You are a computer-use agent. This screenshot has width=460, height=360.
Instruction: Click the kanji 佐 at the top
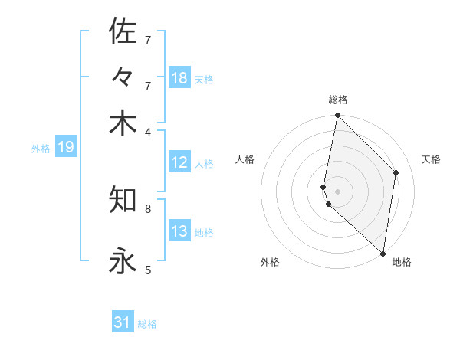click(x=123, y=31)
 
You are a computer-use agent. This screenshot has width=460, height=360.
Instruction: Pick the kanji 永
click(x=123, y=261)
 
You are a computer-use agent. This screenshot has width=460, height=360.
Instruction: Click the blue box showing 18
click(x=179, y=78)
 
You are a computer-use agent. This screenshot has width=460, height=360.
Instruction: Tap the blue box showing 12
click(x=179, y=162)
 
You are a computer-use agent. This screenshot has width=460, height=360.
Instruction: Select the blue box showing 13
click(x=179, y=231)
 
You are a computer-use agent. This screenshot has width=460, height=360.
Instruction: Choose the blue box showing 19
click(x=66, y=147)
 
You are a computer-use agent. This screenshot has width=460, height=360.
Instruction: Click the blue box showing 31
click(x=123, y=323)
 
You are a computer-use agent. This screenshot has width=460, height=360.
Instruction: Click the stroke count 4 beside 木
click(x=148, y=131)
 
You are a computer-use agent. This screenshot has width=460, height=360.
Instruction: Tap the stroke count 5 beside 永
click(x=148, y=270)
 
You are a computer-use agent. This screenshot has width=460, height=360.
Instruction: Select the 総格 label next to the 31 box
click(x=147, y=324)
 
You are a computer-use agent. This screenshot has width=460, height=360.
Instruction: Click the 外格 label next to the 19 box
click(x=41, y=149)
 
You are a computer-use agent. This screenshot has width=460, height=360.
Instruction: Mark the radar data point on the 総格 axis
click(x=337, y=116)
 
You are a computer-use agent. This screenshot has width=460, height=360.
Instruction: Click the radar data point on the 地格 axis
click(x=383, y=253)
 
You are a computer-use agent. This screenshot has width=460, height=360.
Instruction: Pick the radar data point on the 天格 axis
click(x=396, y=172)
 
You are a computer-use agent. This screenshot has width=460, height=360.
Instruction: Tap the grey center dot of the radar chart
click(x=337, y=191)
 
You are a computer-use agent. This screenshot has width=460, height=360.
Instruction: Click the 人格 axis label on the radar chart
click(x=245, y=159)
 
